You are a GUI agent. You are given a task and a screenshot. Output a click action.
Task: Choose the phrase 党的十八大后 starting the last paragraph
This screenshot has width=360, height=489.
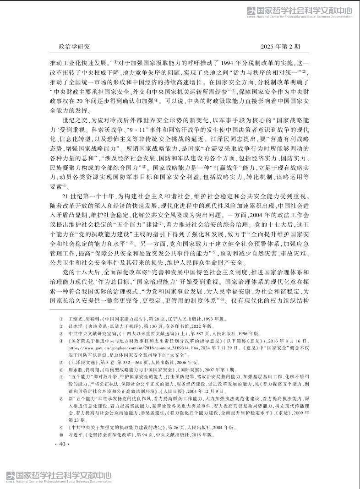point(79,272)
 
